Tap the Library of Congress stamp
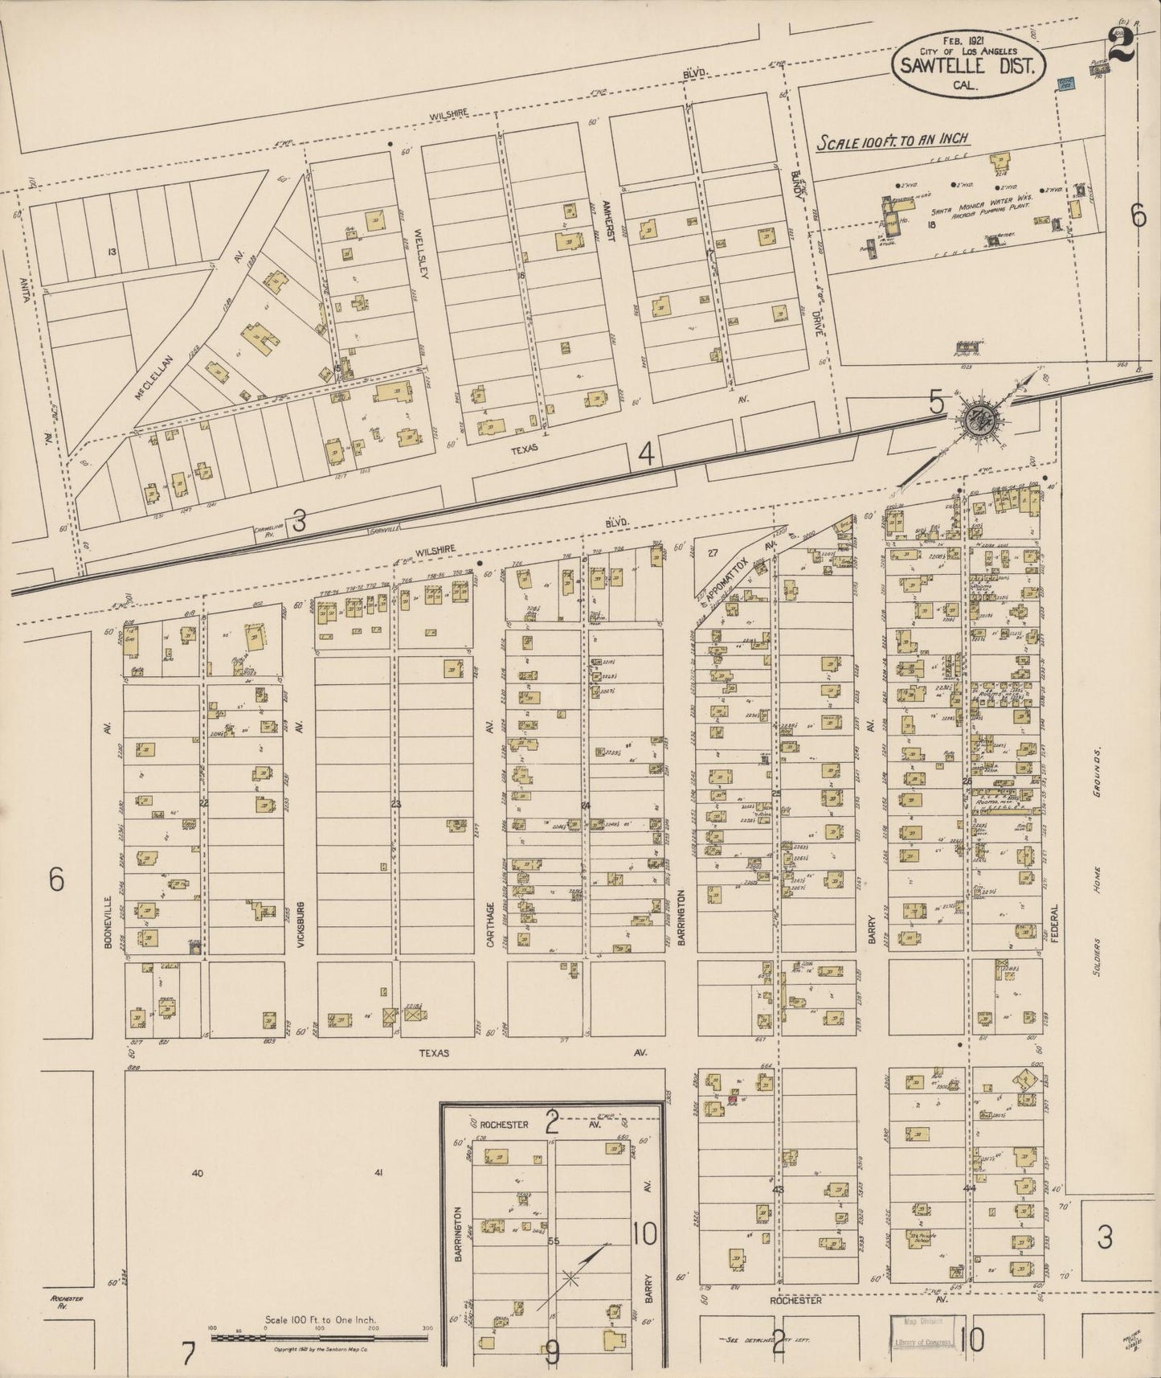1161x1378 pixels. [x=922, y=1341]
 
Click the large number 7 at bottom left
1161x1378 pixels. [x=188, y=1354]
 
